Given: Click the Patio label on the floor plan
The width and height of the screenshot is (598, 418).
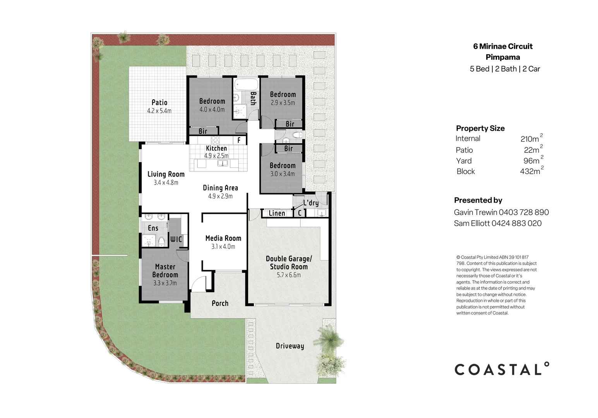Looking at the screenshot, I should (x=159, y=103).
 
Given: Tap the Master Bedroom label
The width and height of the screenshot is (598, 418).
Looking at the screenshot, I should (x=165, y=271).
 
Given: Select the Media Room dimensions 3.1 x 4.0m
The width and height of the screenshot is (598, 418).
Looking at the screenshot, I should (x=223, y=247).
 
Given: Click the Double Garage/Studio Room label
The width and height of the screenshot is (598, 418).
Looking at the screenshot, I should (x=289, y=263).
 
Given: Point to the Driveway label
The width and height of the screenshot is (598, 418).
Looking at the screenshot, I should (x=290, y=346).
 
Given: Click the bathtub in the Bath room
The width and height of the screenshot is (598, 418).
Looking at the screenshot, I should (x=246, y=84).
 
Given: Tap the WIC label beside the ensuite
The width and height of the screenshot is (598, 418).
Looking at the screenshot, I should (x=176, y=239).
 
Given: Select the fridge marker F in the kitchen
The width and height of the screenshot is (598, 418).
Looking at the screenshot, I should (x=239, y=140).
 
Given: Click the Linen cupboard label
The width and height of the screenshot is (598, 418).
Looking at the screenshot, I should (x=277, y=213).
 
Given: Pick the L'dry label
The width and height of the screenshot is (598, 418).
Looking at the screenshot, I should (x=311, y=203).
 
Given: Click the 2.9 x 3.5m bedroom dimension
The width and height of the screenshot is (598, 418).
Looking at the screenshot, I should (x=283, y=103).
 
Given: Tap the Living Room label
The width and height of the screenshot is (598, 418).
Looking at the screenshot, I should (x=166, y=174).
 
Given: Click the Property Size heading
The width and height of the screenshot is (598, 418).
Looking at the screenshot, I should (x=480, y=128).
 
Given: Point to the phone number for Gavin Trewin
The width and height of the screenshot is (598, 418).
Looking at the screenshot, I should (x=524, y=212).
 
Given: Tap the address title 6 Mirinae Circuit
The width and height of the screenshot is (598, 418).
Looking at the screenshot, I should (x=503, y=46).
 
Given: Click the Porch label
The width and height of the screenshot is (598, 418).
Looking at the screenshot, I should (x=220, y=303).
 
